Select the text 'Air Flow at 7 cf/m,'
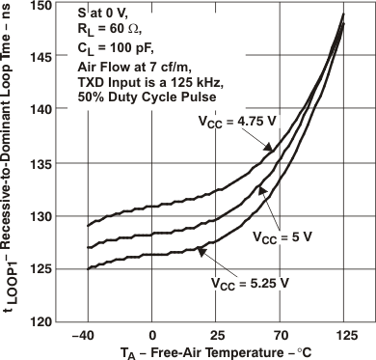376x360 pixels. (135, 66)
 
